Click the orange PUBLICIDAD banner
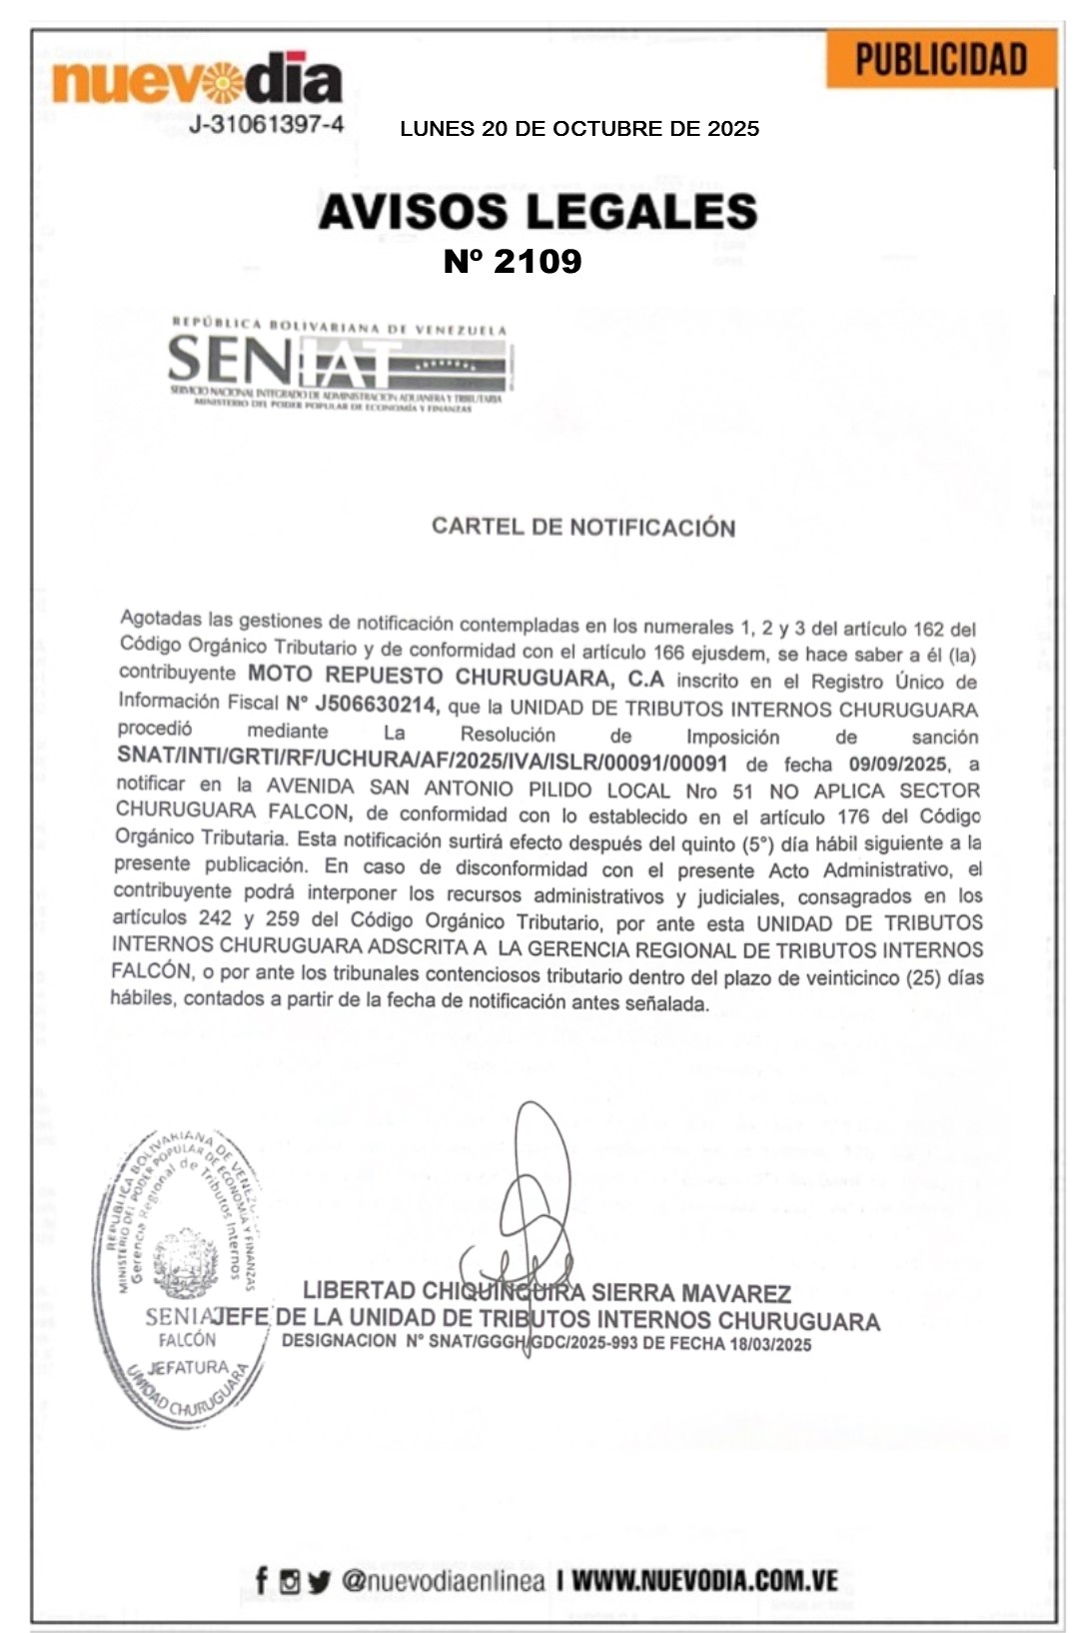click(940, 60)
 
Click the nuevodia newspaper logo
click(197, 80)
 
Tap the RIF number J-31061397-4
click(266, 125)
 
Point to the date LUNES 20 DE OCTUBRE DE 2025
click(578, 129)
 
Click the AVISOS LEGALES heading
click(538, 212)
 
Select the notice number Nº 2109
click(513, 261)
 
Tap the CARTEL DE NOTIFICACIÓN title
click(583, 527)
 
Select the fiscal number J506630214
click(375, 705)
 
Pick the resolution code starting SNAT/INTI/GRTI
click(422, 763)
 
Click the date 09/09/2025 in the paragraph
click(896, 765)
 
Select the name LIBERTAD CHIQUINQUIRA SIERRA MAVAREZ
click(546, 1293)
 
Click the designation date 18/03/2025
click(769, 1344)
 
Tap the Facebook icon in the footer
click(262, 1581)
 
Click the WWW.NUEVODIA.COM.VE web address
click(704, 1581)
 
